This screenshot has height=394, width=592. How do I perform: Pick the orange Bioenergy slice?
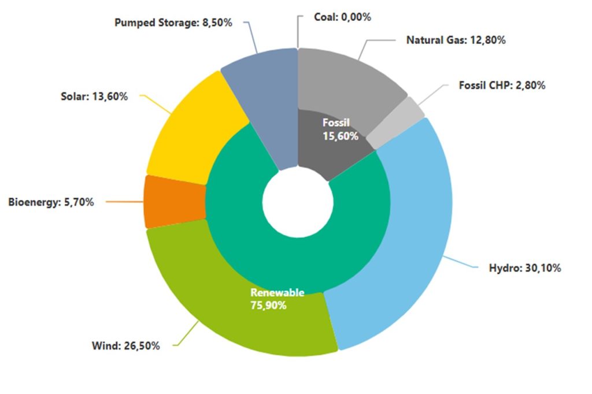(173, 202)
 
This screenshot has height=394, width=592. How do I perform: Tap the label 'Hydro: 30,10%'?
(525, 268)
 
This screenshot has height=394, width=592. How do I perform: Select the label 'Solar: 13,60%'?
(94, 96)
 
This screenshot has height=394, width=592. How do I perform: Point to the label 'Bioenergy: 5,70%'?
(51, 202)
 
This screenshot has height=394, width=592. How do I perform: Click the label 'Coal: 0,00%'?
(342, 17)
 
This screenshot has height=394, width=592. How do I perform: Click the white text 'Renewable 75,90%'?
(277, 299)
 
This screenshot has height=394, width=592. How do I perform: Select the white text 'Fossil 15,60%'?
(340, 130)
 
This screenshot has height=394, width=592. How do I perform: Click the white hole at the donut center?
(298, 202)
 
